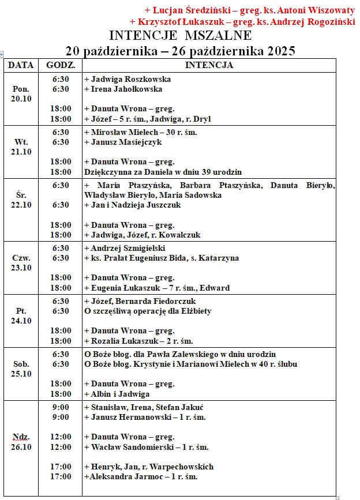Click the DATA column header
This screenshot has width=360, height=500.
pyautogui.click(x=21, y=65)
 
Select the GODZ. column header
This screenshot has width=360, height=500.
pyautogui.click(x=60, y=65)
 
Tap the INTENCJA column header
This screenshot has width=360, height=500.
pyautogui.click(x=209, y=65)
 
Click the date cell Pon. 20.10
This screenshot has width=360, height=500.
pyautogui.click(x=21, y=94)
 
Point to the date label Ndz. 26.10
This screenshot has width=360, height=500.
pyautogui.click(x=21, y=442)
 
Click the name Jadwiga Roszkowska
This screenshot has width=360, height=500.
pyautogui.click(x=127, y=79)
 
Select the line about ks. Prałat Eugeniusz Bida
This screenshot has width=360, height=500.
pyautogui.click(x=162, y=258)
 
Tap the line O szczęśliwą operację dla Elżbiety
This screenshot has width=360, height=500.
pyautogui.click(x=148, y=311)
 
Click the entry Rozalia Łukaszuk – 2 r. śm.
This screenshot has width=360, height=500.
pyautogui.click(x=138, y=341)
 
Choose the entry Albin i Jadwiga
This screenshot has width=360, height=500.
pyautogui.click(x=117, y=394)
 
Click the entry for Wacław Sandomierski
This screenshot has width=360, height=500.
pyautogui.click(x=146, y=447)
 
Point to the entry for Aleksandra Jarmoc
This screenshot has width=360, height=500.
pyautogui.click(x=141, y=477)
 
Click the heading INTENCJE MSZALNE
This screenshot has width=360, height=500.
pyautogui.click(x=180, y=36)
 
